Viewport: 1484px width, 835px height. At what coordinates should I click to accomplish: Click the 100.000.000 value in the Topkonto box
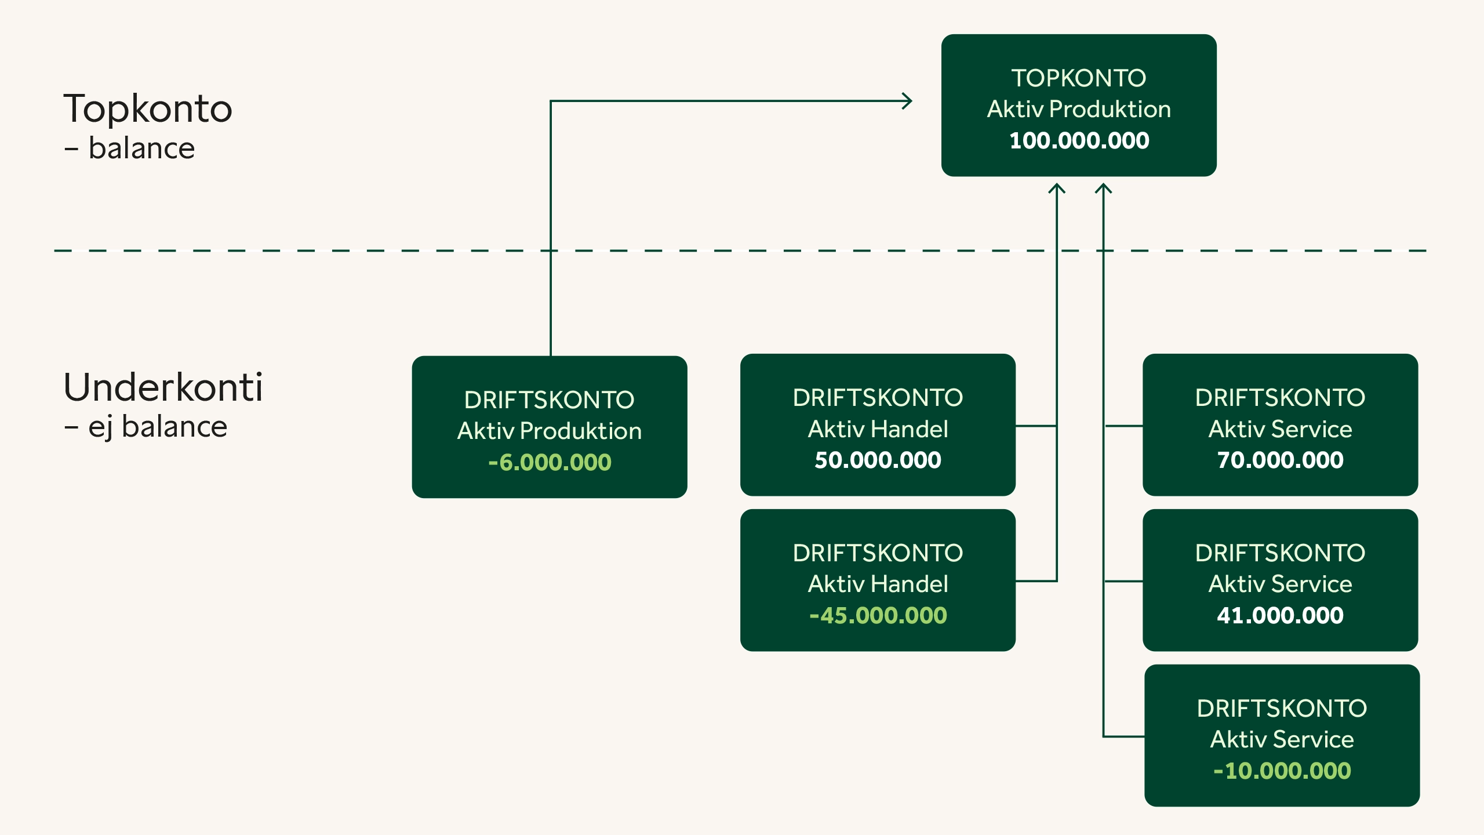[x=1079, y=141]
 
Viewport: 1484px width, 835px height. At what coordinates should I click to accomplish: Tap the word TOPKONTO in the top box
[x=1079, y=78]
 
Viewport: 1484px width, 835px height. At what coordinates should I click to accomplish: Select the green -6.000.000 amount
[x=550, y=463]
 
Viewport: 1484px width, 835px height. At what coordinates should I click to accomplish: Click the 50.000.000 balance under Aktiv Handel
[x=878, y=460]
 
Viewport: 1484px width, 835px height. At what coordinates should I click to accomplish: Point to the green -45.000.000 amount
[x=878, y=616]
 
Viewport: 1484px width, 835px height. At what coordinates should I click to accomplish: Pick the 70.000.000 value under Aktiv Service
[x=1280, y=460]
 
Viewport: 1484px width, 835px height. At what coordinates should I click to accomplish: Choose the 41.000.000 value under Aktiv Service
[x=1280, y=616]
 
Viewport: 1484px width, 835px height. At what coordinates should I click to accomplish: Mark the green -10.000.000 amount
[x=1282, y=771]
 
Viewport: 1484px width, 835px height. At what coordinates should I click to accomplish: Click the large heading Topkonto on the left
[x=148, y=109]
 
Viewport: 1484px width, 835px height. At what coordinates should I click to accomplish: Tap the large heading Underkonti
[x=163, y=387]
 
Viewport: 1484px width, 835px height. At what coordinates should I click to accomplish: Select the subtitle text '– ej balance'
[x=146, y=428]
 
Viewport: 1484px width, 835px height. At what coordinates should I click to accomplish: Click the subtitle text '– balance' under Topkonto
[x=129, y=148]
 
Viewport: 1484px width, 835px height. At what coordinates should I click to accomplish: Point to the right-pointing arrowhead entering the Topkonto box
[x=907, y=101]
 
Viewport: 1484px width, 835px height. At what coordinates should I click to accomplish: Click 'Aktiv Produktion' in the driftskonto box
[x=550, y=431]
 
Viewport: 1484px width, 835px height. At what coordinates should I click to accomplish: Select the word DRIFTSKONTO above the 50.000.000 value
[x=878, y=398]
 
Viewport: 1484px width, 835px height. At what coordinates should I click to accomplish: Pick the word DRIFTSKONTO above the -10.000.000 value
[x=1282, y=709]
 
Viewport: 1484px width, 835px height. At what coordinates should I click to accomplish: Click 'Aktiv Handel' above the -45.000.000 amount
[x=878, y=584]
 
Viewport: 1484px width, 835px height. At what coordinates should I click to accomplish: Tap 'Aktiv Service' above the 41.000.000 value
[x=1280, y=584]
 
